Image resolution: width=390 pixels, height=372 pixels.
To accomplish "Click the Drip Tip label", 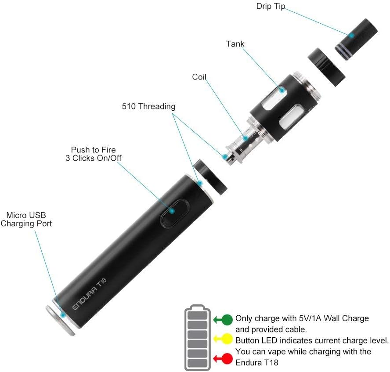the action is tap(271, 6).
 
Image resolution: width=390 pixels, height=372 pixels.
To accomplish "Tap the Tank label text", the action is tap(235, 43).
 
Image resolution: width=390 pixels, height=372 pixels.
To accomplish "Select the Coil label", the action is tap(199, 77).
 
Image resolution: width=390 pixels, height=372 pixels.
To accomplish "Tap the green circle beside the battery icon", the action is tap(227, 319).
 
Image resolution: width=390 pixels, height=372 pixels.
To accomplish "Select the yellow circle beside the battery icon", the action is tap(227, 339).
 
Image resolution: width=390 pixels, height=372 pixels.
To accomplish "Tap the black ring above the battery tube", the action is tap(212, 177).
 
